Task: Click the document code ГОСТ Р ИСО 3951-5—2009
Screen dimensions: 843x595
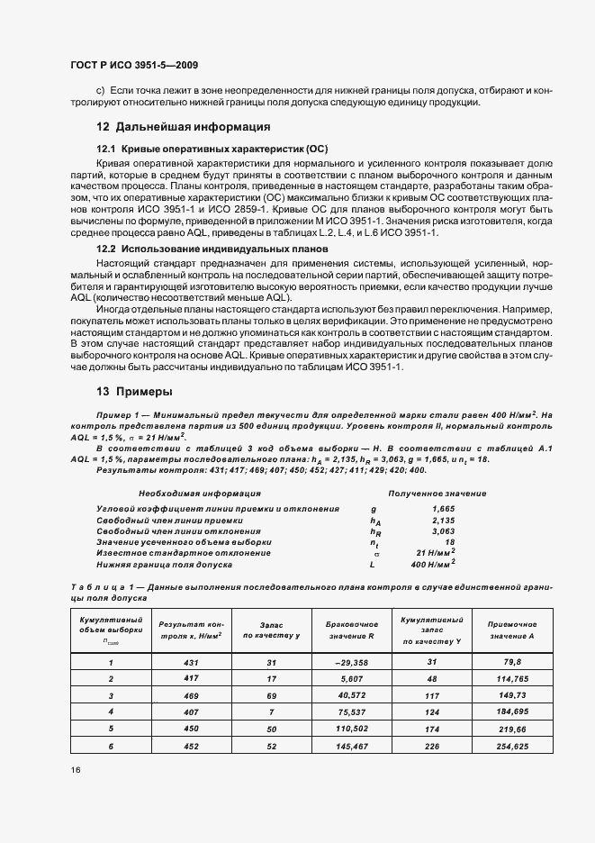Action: point(133,65)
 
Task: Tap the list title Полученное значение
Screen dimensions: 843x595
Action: point(437,494)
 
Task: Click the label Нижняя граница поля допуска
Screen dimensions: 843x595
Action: point(165,564)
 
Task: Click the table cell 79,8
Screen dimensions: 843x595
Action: point(511,662)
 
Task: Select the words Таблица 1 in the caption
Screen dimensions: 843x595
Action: point(98,587)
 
